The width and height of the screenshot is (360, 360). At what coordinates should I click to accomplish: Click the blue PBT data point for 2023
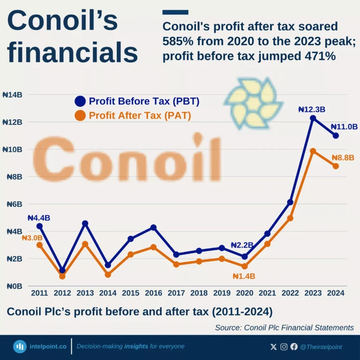(313, 118)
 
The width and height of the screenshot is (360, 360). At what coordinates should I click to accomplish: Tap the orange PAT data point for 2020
(244, 266)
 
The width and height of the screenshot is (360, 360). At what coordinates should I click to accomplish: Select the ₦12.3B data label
(312, 109)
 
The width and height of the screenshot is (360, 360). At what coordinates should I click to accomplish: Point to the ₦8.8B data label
(343, 158)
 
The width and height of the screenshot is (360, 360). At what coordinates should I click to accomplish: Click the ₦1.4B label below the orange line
(244, 276)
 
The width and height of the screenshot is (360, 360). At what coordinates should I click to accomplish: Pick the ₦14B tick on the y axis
(12, 95)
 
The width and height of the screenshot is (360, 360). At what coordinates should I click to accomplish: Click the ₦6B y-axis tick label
(14, 204)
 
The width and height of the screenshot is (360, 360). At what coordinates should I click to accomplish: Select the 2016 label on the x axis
(153, 293)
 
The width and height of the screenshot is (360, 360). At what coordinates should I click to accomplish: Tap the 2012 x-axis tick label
(62, 293)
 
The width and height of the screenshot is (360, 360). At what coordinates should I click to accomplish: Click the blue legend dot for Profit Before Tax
(80, 101)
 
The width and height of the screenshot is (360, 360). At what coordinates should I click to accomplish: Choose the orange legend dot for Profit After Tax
(80, 115)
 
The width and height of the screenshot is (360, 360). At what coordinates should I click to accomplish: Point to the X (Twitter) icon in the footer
(274, 347)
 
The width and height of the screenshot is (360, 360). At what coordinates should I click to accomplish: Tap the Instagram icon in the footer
(284, 347)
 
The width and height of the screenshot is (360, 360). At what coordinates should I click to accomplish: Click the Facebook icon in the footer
(294, 347)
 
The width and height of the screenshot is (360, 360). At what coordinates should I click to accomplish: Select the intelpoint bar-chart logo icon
(20, 346)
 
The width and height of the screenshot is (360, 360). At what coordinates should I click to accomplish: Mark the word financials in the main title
(73, 52)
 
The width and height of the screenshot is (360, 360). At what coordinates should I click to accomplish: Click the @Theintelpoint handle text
(321, 347)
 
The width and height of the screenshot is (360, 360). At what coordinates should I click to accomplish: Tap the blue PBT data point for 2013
(85, 224)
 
